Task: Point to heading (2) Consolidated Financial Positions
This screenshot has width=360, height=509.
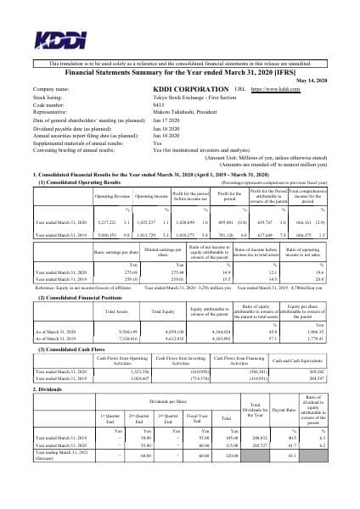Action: [x=82, y=275]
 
